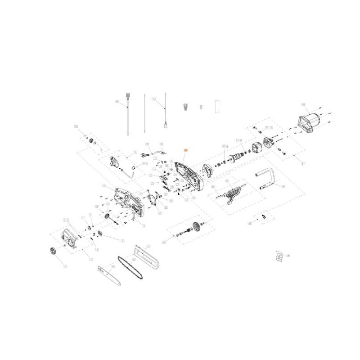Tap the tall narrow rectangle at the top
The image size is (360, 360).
218,106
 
